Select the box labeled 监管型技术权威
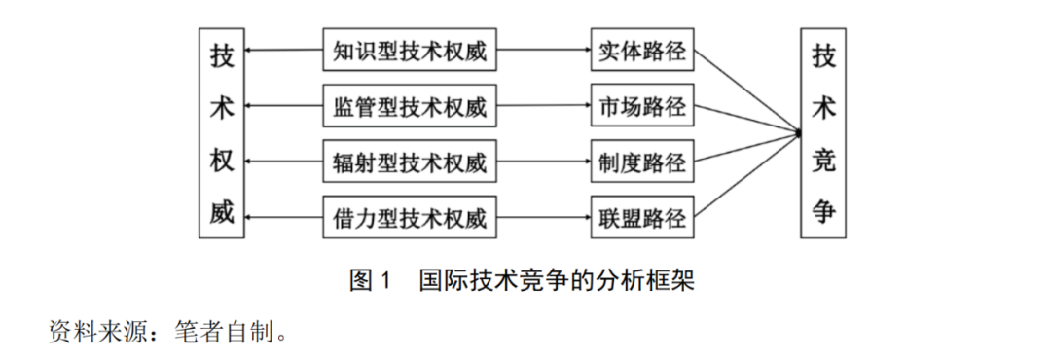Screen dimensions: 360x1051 409,106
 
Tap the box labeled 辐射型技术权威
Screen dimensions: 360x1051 409,160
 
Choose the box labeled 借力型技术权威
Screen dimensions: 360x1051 409,215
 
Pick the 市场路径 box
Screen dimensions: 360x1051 640,106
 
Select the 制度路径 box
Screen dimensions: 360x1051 640,160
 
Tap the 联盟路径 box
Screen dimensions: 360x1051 640,215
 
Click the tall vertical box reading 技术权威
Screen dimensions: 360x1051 222,134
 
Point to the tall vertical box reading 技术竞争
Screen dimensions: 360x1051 823,134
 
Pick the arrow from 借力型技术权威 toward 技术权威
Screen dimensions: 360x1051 283,215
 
